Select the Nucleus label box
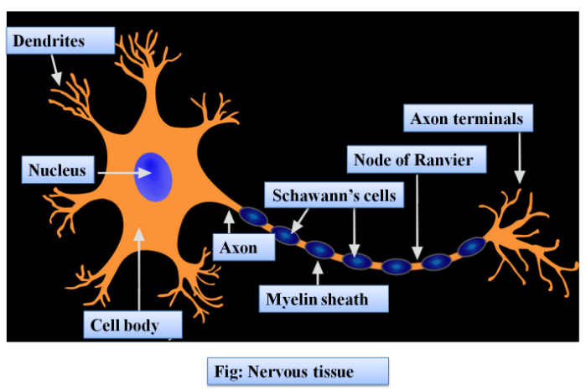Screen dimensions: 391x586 pos(58,171)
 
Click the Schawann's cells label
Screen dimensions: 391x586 pos(334,196)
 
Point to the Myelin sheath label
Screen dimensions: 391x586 pos(315,297)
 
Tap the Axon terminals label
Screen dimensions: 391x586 pos(466,119)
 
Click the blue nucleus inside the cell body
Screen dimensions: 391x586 pos(155,176)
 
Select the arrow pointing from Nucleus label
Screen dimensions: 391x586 pos(121,173)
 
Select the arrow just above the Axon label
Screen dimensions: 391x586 pos(229,222)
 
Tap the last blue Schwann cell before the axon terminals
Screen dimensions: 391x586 pos(471,247)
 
